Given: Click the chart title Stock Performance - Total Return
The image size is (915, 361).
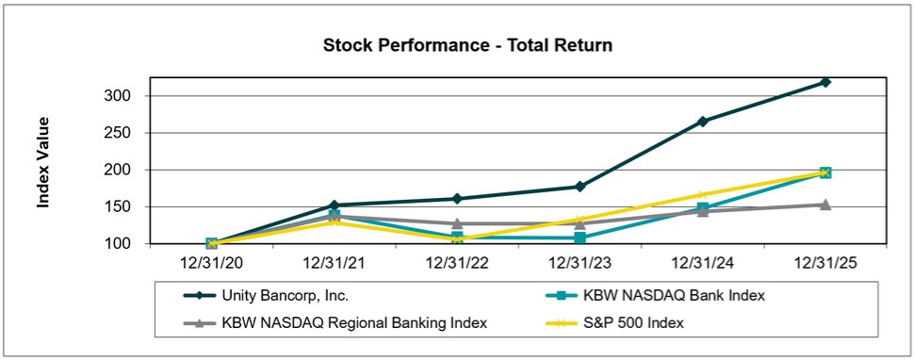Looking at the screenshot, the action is tap(467, 45).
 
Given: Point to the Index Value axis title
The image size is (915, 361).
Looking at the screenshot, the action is tap(43, 162).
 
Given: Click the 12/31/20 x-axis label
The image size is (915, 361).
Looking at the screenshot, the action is tap(212, 264).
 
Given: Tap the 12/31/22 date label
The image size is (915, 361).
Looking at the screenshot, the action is tap(457, 264).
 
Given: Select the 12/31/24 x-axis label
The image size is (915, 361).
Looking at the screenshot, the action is tap(703, 264).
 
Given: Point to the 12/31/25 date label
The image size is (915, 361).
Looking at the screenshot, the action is tap(825, 264).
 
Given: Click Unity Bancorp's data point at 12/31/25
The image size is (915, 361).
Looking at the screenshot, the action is tap(825, 82).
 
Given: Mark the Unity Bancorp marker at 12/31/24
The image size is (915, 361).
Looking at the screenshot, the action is tap(703, 122).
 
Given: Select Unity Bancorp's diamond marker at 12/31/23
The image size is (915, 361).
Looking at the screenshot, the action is tap(580, 187).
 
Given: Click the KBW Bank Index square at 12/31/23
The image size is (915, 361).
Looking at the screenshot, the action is tap(580, 238).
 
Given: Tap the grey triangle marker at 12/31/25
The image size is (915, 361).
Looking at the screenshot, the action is tap(825, 205).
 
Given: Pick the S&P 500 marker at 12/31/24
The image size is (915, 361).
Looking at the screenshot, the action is tap(703, 195).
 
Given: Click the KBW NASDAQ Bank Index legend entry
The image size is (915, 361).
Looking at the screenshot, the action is tap(655, 296).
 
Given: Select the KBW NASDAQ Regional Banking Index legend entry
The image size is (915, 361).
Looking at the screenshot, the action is tap(335, 323).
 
